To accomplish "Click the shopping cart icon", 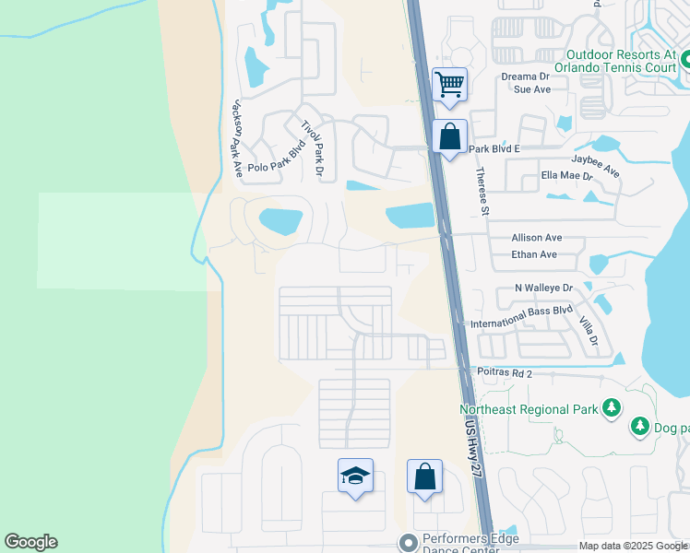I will coord(449,85).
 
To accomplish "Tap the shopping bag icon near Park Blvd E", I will coord(449,137).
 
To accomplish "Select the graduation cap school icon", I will coord(355,477).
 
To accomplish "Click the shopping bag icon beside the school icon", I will coord(424,477).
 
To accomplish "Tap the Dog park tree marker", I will coord(639,427).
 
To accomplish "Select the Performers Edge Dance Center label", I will coord(470,545).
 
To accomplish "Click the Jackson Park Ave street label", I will coord(237,136).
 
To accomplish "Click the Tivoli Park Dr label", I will coord(314,147).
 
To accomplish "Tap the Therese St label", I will coord(481,192).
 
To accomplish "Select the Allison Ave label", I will coord(536,238).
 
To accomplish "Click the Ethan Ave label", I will coord(534,254).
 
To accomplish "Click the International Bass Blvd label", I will coord(521,318).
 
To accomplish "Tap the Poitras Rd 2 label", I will coord(506,373).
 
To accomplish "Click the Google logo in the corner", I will coord(30,542).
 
